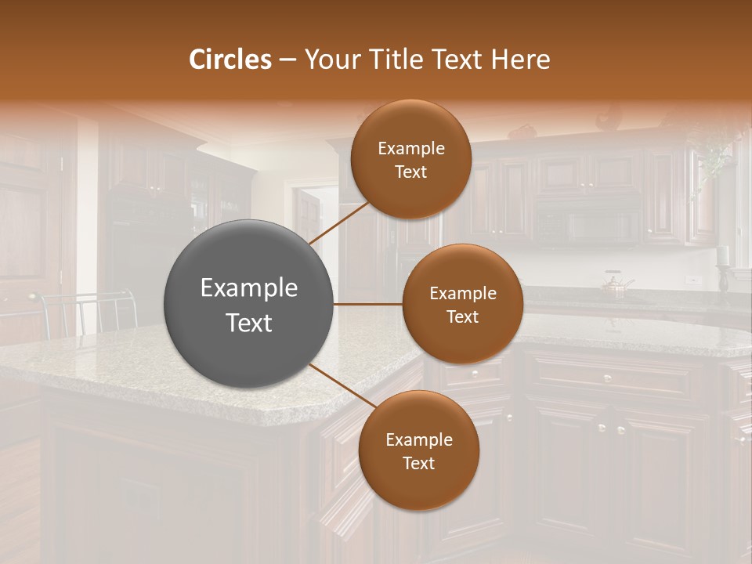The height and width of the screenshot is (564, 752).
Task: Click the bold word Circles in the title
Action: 230,60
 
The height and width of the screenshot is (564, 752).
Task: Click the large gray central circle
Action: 248,304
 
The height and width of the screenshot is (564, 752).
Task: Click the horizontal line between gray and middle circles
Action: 367,304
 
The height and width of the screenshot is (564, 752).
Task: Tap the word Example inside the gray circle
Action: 248,288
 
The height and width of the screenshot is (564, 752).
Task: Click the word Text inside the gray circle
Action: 248,322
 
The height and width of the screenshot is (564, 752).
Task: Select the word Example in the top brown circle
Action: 410,149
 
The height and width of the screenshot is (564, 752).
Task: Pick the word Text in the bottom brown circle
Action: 418,463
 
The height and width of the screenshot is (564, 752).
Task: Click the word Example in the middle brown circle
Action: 462,294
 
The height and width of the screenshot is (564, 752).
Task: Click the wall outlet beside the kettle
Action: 691,279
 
